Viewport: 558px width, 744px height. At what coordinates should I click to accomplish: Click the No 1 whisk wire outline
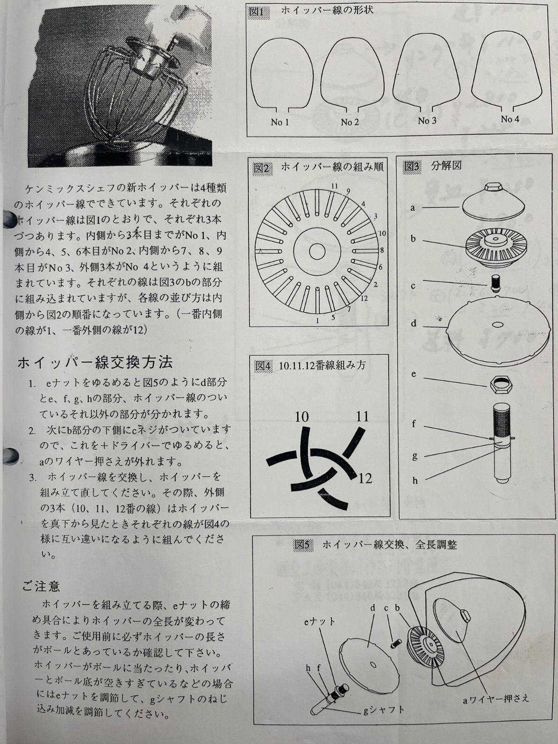(251, 74)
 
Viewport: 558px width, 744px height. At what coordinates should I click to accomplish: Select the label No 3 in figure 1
(427, 120)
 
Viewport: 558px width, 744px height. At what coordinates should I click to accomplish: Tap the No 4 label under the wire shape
(510, 119)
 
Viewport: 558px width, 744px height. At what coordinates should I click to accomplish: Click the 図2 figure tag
(261, 168)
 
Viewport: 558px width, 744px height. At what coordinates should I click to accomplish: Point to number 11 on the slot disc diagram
(335, 186)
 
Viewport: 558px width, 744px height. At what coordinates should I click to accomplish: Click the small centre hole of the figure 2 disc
(317, 252)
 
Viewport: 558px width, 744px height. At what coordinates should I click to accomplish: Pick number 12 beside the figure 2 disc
(364, 298)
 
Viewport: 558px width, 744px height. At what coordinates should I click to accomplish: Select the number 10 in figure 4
(301, 417)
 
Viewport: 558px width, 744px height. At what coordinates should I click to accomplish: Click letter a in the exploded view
(412, 207)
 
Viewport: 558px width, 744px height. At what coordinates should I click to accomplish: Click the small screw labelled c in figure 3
(496, 282)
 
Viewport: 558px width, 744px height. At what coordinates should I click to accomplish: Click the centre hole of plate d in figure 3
(498, 325)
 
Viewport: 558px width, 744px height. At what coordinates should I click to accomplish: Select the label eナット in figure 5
(319, 621)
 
